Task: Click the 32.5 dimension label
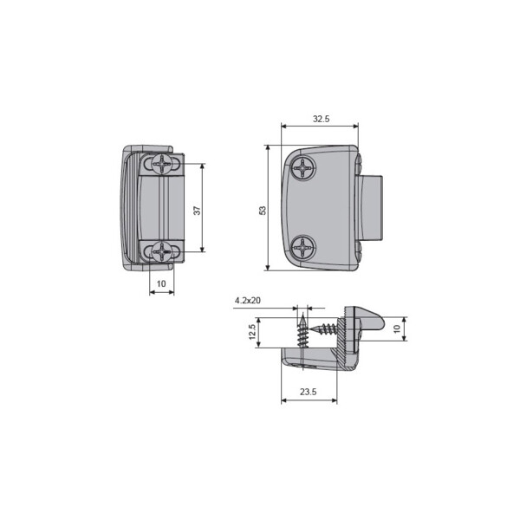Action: (x=321, y=119)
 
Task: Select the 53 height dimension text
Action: (x=263, y=209)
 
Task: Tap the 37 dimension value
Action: (x=197, y=211)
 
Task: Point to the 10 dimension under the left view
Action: (x=161, y=283)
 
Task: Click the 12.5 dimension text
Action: (x=252, y=333)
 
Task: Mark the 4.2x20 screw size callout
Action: (x=248, y=301)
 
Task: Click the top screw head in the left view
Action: (x=162, y=163)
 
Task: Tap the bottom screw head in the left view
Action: (x=162, y=252)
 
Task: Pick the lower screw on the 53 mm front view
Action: (x=305, y=248)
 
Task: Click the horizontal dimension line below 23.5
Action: (x=309, y=401)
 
